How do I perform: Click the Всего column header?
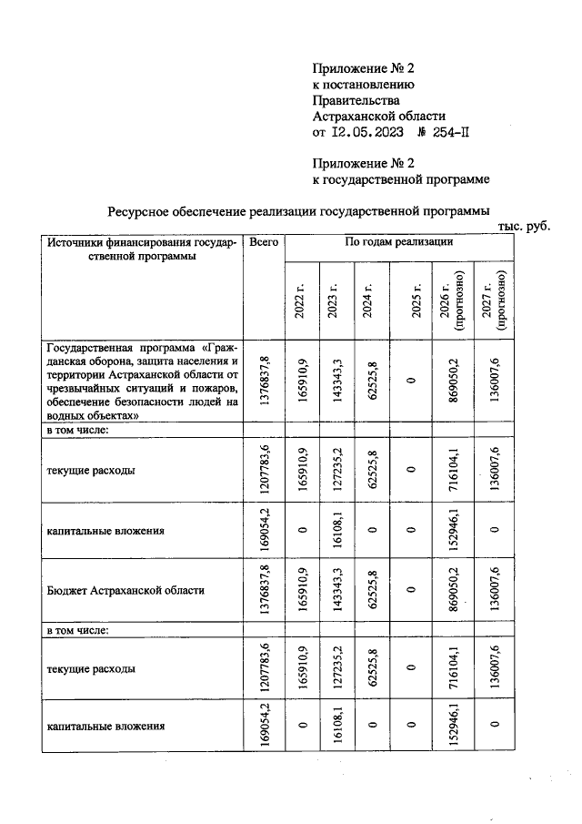coord(264,243)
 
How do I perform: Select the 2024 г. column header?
coord(367,301)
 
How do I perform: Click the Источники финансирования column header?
coord(142,249)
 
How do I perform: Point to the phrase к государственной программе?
coord(395,180)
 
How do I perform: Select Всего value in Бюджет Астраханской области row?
coord(266,590)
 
